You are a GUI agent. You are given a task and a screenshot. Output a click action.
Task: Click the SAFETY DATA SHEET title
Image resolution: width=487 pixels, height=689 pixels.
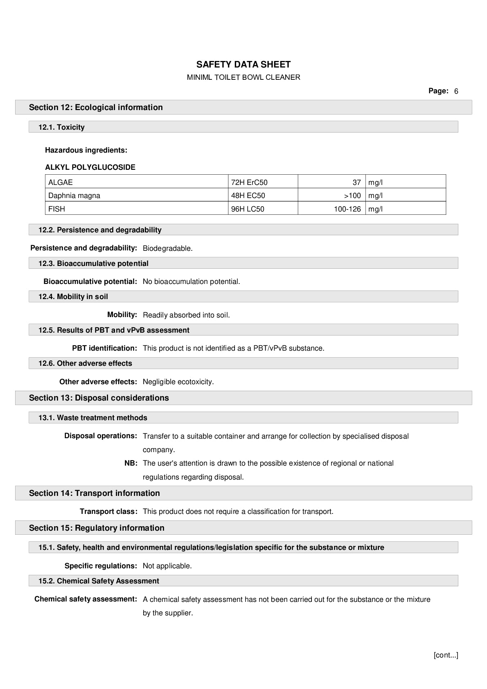(x=243, y=65)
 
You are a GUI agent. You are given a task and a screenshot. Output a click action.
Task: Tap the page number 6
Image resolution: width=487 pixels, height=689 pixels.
(x=456, y=91)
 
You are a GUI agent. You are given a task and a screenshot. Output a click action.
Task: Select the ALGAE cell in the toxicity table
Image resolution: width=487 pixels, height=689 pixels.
(x=61, y=182)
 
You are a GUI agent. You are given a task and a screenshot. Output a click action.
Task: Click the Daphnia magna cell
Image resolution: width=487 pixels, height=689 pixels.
(x=74, y=196)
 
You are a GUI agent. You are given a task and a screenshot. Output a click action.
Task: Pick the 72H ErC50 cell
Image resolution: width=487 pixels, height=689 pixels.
(x=249, y=182)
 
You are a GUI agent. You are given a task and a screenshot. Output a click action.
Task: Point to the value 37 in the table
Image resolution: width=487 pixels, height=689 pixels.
(x=356, y=182)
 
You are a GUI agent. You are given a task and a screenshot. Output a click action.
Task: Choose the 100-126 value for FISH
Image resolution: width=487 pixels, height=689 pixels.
(x=347, y=209)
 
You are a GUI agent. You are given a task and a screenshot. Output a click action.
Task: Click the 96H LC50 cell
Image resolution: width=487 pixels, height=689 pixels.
(x=248, y=209)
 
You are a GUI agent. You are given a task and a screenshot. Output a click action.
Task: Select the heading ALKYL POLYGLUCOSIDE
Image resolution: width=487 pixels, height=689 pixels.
(x=90, y=167)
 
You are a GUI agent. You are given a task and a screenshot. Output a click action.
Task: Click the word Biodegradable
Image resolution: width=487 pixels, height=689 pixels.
(x=167, y=248)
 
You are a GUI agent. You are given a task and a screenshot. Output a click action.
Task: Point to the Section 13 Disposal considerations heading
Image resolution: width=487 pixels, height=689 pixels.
(x=99, y=398)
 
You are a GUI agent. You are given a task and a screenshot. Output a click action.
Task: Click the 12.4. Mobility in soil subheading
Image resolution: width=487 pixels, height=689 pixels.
(x=73, y=297)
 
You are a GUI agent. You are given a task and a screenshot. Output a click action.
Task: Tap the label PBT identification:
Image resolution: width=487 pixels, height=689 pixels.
(x=104, y=348)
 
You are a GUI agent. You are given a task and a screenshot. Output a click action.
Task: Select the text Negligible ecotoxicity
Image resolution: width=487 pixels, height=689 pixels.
(x=178, y=382)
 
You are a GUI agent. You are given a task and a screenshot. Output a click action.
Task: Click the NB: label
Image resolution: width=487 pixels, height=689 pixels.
(x=131, y=463)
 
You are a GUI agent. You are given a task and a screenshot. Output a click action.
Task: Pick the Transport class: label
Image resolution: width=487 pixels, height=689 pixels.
(x=108, y=511)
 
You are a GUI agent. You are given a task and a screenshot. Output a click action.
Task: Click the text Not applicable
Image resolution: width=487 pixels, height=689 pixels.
(x=167, y=566)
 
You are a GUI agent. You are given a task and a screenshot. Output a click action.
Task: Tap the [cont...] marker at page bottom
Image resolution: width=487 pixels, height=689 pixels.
(x=446, y=655)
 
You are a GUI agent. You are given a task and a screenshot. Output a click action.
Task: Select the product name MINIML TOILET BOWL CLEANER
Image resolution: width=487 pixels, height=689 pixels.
(x=243, y=77)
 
